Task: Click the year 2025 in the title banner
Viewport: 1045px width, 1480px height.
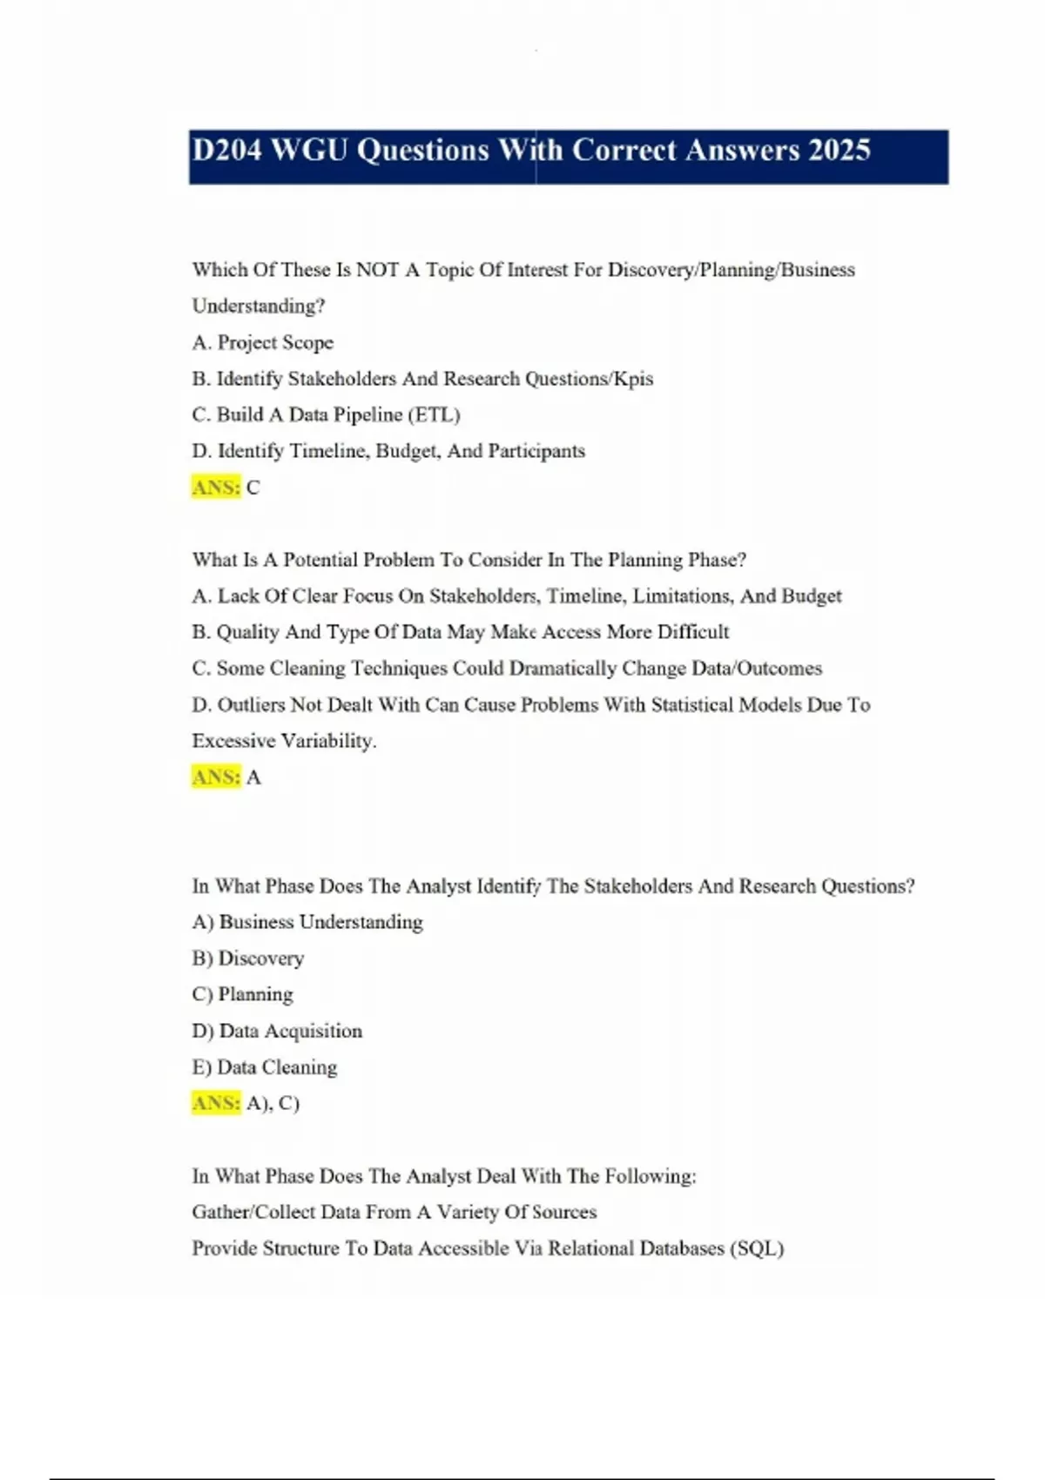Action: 839,151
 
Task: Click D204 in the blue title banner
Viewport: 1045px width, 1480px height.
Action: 226,151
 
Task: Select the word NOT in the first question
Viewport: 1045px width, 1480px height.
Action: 377,270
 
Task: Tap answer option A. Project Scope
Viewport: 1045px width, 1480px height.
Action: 262,343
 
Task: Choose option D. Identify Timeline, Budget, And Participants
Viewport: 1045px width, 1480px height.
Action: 388,451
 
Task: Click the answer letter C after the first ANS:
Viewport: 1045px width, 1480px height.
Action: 253,488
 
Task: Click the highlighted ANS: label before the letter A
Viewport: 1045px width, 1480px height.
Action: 216,777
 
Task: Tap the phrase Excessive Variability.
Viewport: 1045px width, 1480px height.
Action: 284,741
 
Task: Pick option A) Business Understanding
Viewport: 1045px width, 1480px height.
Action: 307,922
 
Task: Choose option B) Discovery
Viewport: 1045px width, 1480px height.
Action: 248,959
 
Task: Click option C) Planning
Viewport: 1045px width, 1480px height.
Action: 243,994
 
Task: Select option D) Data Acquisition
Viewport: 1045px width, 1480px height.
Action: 277,1031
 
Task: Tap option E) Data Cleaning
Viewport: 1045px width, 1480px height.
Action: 265,1067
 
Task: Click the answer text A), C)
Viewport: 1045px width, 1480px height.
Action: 273,1104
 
